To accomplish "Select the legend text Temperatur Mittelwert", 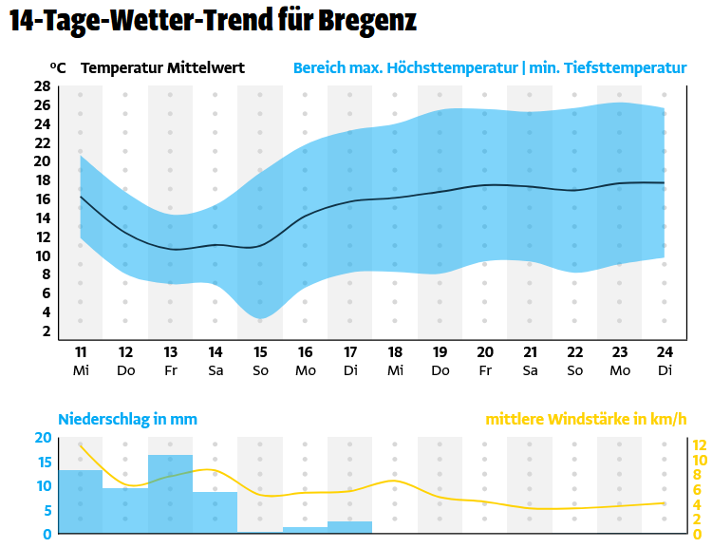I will (x=163, y=68).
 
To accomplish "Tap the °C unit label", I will (x=58, y=68).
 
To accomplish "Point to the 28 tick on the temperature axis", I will (x=42, y=86).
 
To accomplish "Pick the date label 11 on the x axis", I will (x=81, y=352).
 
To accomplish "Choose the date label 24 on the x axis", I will (x=665, y=352).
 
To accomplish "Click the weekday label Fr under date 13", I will (x=171, y=369).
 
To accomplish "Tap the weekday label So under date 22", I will (x=574, y=369).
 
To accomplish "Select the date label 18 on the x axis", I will (x=395, y=352).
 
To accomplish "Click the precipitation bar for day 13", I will (x=171, y=495).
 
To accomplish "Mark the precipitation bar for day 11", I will (x=81, y=501).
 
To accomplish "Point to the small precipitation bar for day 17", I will (x=349, y=527).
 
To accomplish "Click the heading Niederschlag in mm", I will (x=128, y=419).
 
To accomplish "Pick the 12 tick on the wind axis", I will (x=700, y=445).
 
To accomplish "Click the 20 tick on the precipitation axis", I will (x=42, y=438).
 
